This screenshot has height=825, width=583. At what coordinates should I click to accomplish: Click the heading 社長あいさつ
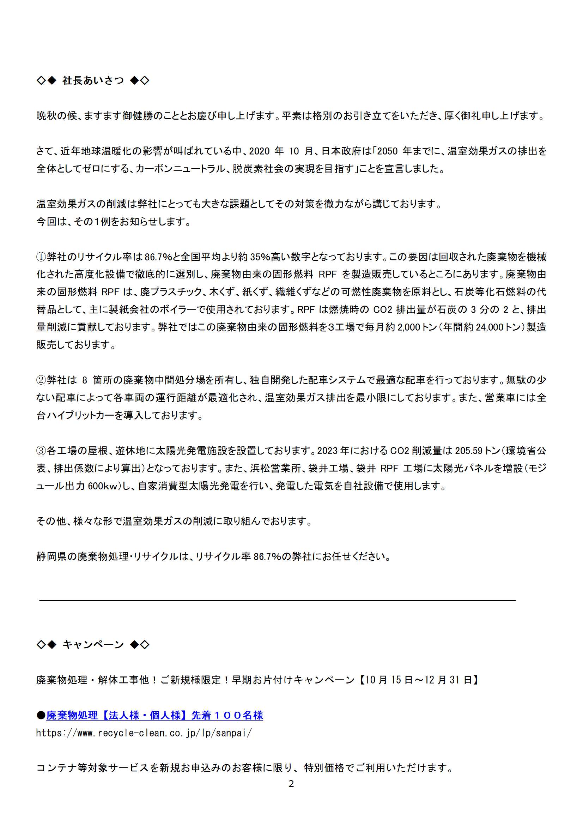(x=93, y=80)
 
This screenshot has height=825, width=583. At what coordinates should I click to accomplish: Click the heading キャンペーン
(x=93, y=645)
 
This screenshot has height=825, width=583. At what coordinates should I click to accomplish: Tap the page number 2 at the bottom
(x=291, y=784)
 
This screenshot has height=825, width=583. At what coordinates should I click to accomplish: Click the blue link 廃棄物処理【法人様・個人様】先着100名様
(x=154, y=715)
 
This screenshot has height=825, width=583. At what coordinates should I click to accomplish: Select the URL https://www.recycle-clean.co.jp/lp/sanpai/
(x=144, y=733)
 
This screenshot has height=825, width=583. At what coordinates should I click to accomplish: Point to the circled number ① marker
(x=41, y=257)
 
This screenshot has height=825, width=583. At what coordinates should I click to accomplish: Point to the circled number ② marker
(x=41, y=380)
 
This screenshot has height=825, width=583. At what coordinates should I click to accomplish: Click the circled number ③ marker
(x=41, y=451)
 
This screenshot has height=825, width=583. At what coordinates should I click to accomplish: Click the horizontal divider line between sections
(x=277, y=601)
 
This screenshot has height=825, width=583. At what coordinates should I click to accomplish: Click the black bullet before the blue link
(x=41, y=715)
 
